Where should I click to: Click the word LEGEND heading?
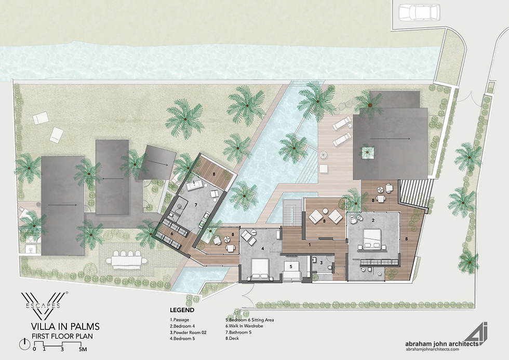pyautogui.click(x=182, y=310)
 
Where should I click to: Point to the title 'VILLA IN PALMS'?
pyautogui.click(x=65, y=327)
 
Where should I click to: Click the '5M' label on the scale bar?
pyautogui.click(x=83, y=350)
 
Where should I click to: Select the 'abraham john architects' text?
pyautogui.click(x=440, y=343)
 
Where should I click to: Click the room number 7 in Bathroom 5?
pyautogui.click(x=195, y=205)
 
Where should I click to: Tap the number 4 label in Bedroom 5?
pyautogui.click(x=263, y=249)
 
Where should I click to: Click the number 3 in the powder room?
pyautogui.click(x=322, y=263)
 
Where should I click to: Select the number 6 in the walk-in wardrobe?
pyautogui.click(x=172, y=234)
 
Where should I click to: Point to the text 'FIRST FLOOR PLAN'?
pyautogui.click(x=63, y=336)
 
